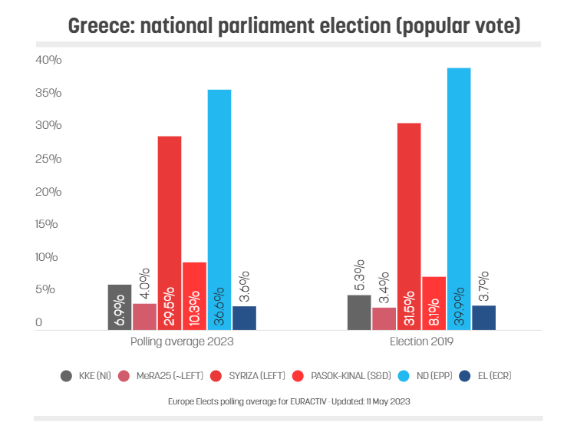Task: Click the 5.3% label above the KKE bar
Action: [x=359, y=276]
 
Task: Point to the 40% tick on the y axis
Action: [x=48, y=60]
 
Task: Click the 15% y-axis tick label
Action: [x=48, y=224]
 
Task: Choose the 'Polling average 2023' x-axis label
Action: [x=182, y=341]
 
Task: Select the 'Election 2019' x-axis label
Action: [x=421, y=341]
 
